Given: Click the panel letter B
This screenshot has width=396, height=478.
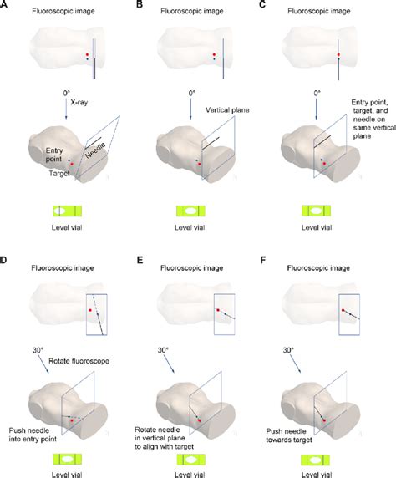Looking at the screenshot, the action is [x=140, y=4].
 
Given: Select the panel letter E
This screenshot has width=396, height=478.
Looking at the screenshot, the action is [x=140, y=260].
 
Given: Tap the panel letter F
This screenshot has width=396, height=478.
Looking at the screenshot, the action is [x=263, y=260].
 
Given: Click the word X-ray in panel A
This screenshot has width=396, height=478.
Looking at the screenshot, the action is [x=79, y=103].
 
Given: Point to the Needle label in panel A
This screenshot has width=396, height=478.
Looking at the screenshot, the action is [x=95, y=150].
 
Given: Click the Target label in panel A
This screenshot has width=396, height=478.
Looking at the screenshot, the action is [x=59, y=174].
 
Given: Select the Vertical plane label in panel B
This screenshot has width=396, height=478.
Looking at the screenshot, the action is [x=227, y=110].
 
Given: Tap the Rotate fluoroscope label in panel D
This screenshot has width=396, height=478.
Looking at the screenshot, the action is [x=79, y=361].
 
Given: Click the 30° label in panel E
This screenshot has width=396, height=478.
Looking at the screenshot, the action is [x=163, y=350].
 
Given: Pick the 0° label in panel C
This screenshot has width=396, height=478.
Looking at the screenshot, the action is [x=317, y=93].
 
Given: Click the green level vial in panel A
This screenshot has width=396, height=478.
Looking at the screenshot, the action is [x=68, y=211].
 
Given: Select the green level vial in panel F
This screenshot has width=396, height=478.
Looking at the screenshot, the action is [x=316, y=460].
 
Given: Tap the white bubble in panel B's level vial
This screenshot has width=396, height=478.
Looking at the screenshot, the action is [x=191, y=211].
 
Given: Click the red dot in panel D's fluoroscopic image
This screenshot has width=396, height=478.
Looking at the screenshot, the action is [x=90, y=310].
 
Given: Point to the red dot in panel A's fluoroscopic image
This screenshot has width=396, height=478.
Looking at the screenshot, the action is [x=87, y=54].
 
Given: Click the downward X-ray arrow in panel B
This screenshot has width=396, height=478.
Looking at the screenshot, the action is [x=190, y=109].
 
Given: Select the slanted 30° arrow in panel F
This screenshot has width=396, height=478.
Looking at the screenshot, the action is [x=295, y=364].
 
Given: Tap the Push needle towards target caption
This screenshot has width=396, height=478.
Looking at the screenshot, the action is [x=289, y=435].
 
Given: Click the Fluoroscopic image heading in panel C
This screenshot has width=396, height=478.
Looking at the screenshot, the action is [x=318, y=11].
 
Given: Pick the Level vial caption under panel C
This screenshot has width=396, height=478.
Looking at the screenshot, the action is [x=317, y=228].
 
